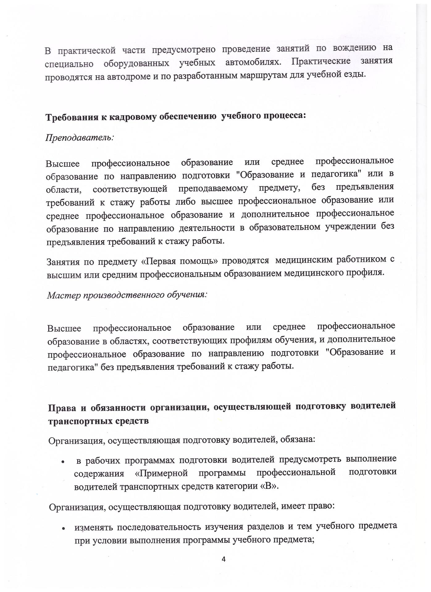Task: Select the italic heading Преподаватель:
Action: (80, 138)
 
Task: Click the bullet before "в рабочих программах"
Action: (63, 462)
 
